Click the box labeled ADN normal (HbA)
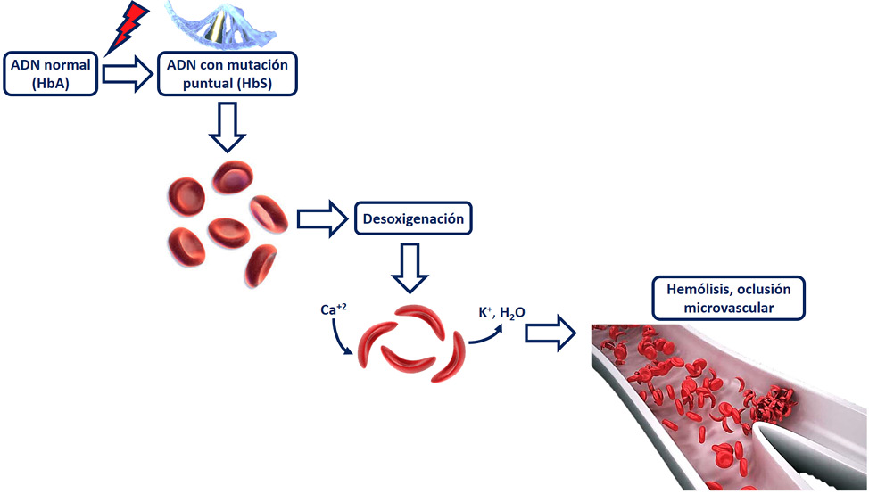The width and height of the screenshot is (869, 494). (x=52, y=74)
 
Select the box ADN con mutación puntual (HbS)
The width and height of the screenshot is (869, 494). (x=227, y=74)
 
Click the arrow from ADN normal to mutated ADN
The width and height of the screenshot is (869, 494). (x=128, y=75)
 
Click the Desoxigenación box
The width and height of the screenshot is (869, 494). (x=413, y=218)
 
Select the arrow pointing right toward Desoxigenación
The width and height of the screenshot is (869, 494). (x=320, y=218)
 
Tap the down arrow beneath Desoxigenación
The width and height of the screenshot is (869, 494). (x=412, y=268)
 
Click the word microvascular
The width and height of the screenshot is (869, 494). (x=728, y=309)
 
